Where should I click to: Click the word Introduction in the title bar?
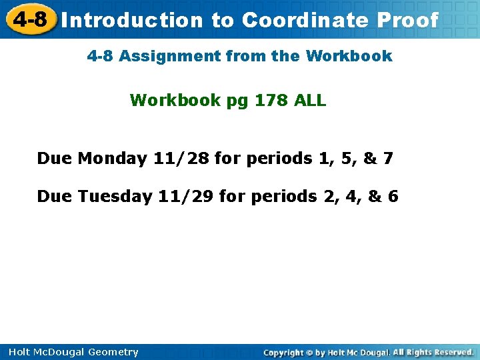132,21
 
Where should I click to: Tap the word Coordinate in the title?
305,21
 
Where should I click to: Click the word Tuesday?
115,197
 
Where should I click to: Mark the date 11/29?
186,197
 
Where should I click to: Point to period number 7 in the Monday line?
388,159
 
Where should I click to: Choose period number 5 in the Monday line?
347,159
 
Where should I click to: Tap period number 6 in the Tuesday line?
393,197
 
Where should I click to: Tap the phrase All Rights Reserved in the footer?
433,352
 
